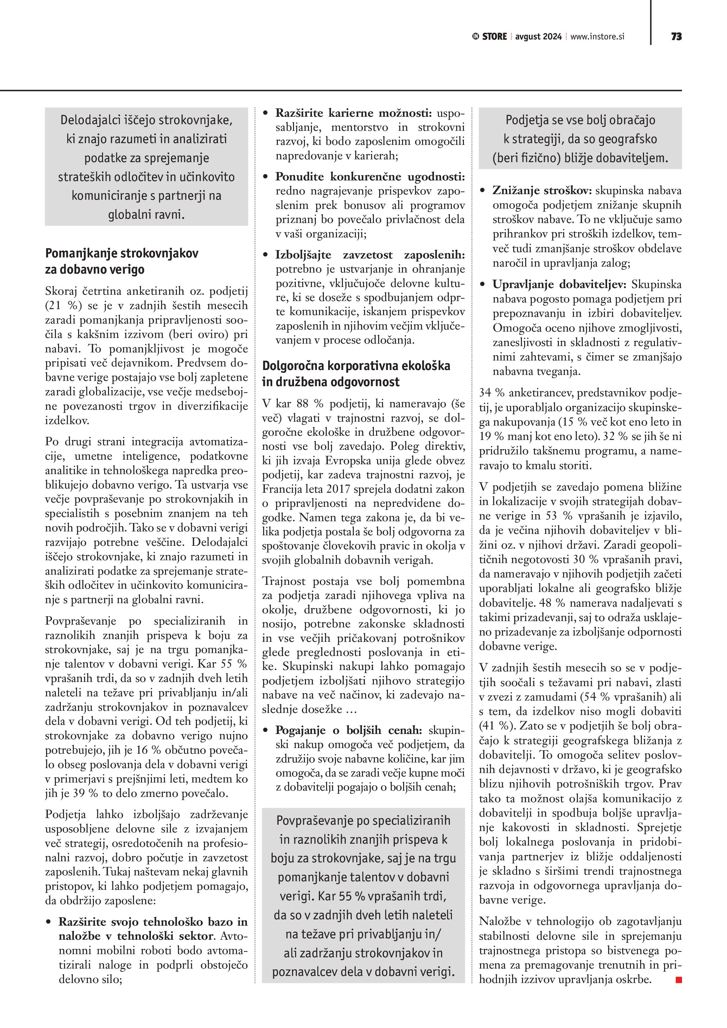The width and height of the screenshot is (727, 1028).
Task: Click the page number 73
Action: point(676,37)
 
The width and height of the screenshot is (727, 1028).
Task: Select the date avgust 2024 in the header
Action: point(538,37)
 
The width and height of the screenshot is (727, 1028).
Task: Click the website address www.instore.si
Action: point(597,37)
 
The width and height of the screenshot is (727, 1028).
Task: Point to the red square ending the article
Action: point(679,980)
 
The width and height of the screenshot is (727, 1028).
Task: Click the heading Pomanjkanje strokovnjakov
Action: point(122,254)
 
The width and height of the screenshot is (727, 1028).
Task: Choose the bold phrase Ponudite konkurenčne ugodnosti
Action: point(370,177)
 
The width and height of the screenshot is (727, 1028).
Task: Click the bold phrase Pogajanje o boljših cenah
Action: point(348,730)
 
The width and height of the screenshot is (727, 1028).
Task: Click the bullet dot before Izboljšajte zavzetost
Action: point(266,256)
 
